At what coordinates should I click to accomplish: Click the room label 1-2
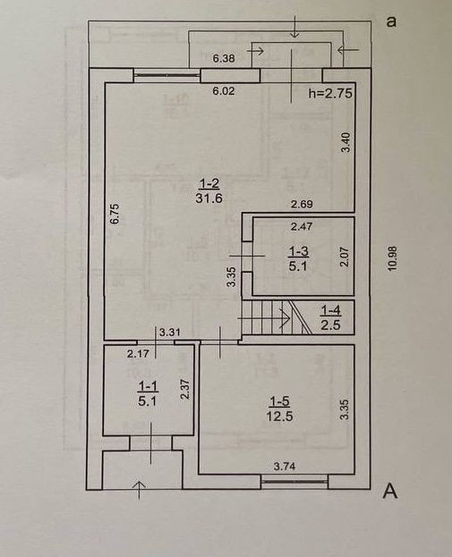[209, 183]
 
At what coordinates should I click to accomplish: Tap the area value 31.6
[209, 198]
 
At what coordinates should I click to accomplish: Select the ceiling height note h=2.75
[330, 93]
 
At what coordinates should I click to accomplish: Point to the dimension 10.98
[392, 258]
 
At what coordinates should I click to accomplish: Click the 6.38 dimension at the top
[224, 58]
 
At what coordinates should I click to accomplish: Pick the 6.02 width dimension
[224, 91]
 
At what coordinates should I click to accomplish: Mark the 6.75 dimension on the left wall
[115, 214]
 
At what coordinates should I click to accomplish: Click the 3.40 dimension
[345, 142]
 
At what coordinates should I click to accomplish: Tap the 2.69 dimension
[302, 204]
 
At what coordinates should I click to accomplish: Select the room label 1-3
[298, 251]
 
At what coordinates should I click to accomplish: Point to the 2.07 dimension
[345, 257]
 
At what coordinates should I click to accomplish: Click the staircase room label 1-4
[331, 311]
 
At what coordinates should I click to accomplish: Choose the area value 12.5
[279, 416]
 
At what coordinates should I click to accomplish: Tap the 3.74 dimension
[285, 466]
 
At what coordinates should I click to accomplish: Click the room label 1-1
[148, 386]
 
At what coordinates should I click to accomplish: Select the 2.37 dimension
[185, 389]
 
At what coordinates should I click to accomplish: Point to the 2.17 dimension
[138, 354]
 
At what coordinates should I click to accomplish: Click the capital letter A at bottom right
[389, 492]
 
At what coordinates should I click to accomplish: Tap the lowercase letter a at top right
[391, 21]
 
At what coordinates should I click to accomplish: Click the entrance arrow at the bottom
[141, 490]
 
